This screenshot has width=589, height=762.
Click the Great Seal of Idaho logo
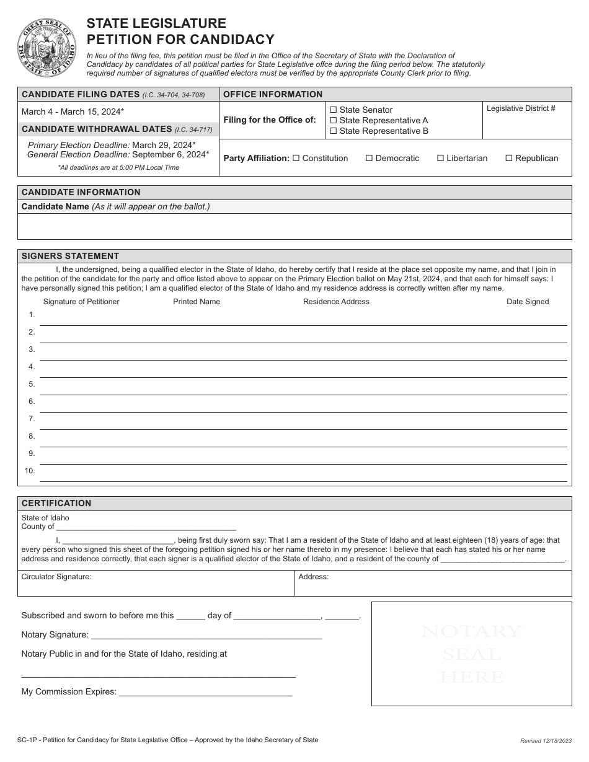pos(46,48)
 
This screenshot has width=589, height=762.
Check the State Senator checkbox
pos(334,110)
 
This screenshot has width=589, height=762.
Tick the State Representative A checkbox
pos(334,120)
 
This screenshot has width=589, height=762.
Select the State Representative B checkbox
pos(334,131)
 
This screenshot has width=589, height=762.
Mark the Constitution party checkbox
pos(296,158)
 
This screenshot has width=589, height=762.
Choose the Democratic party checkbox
pos(369,158)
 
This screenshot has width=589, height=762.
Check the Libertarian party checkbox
pos(441,158)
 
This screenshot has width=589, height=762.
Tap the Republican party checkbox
pos(509,158)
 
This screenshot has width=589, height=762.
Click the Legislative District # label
pos(521,108)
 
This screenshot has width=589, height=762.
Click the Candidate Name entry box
pos(294,226)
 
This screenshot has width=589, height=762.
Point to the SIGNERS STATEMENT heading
pos(70,256)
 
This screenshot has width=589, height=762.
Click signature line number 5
pos(303,388)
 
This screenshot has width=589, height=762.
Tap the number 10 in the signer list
pos(30,471)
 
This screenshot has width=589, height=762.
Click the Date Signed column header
pos(528,302)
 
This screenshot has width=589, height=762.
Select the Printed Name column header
pos(197,302)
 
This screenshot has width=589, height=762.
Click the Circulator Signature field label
pos(56,577)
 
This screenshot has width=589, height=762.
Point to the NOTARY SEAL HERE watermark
pos(471,654)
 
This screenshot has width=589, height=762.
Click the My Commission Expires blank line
pos(205,693)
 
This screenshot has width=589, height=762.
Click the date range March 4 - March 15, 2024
pos(73,112)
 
